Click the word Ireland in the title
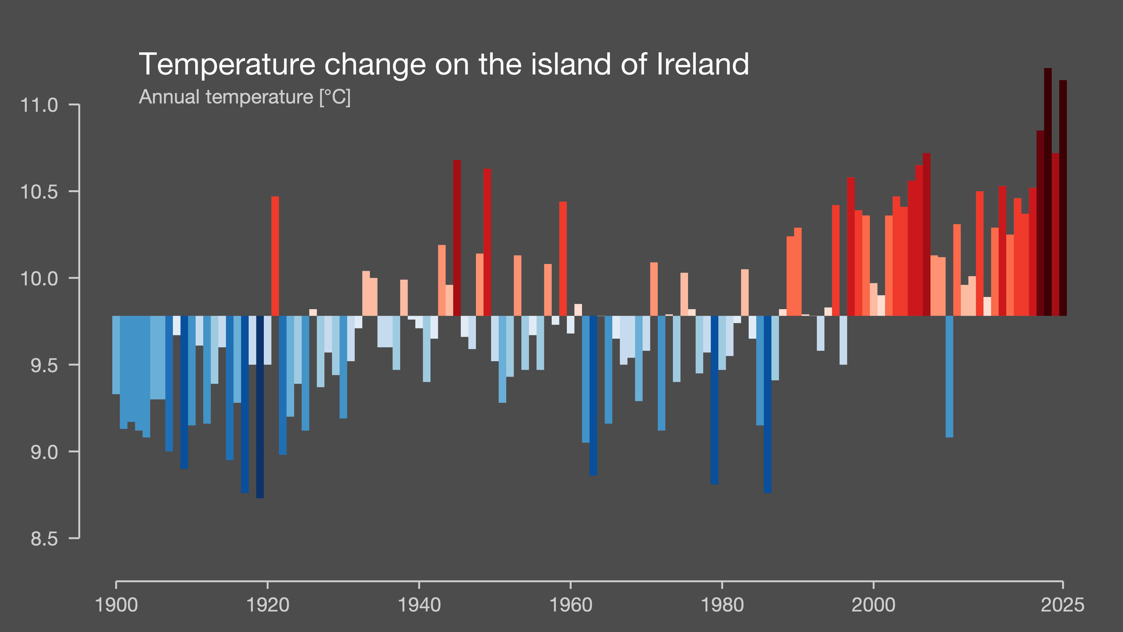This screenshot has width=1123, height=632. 703,65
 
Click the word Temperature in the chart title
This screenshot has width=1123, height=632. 227,65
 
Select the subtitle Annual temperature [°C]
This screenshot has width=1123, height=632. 245,97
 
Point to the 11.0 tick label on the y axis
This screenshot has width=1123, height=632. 39,106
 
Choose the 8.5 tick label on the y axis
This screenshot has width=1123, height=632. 44,539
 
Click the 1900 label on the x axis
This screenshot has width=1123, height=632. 116,605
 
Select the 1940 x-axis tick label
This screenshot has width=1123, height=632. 419,605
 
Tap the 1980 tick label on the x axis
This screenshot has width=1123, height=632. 722,605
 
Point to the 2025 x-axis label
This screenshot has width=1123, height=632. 1062,605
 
